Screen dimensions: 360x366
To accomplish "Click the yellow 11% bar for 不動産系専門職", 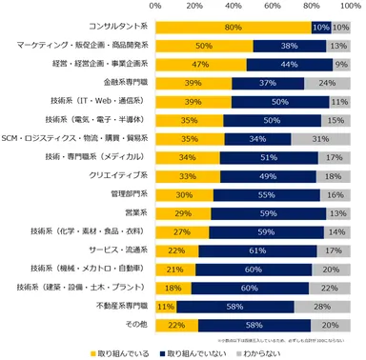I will point(165,306).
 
